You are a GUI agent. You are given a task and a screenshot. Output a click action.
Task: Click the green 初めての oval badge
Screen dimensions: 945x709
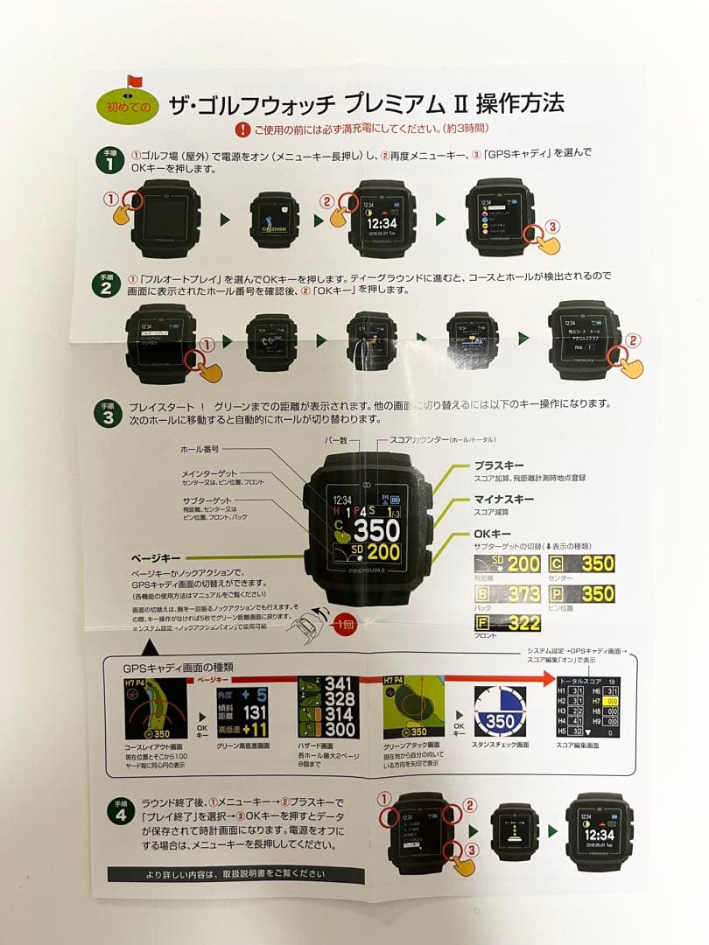(x=127, y=107)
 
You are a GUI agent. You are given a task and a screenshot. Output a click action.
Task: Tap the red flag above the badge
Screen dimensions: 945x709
(x=133, y=82)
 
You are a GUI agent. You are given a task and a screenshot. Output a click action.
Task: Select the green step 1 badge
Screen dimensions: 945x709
(x=107, y=159)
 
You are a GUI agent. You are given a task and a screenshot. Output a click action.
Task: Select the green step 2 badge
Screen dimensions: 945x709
(x=107, y=283)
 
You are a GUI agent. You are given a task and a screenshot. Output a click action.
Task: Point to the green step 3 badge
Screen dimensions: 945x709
(x=107, y=412)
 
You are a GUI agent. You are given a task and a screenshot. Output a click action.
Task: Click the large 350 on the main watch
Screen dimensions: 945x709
(x=376, y=530)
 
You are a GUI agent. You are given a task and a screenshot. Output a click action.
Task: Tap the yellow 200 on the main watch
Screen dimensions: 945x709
(x=383, y=552)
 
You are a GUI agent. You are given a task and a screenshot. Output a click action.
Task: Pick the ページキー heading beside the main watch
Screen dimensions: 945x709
(x=156, y=556)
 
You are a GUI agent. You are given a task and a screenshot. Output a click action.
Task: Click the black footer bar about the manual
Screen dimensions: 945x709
(x=235, y=874)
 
